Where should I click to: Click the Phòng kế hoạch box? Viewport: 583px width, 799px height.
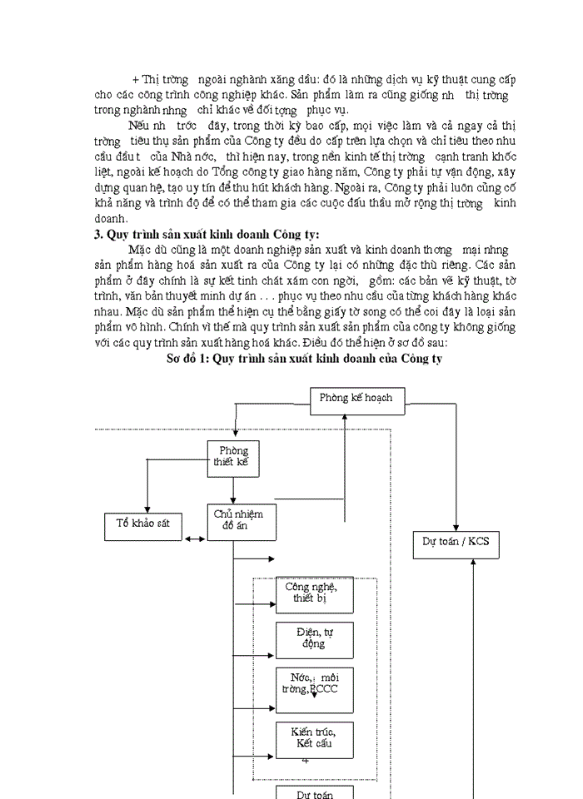click(x=356, y=398)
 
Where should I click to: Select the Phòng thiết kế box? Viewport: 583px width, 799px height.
click(x=233, y=458)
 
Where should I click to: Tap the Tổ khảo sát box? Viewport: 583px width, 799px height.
click(x=144, y=525)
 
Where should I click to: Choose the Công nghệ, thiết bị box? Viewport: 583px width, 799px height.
click(x=314, y=594)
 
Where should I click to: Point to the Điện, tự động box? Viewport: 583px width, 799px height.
click(x=314, y=639)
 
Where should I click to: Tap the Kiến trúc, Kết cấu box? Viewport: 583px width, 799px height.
click(x=314, y=739)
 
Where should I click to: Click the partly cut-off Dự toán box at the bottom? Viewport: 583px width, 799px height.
click(x=314, y=792)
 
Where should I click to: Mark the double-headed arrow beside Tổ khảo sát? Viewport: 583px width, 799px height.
click(x=196, y=539)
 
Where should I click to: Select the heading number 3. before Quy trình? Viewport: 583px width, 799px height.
click(x=98, y=234)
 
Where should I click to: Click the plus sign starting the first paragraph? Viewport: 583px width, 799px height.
click(x=136, y=80)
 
